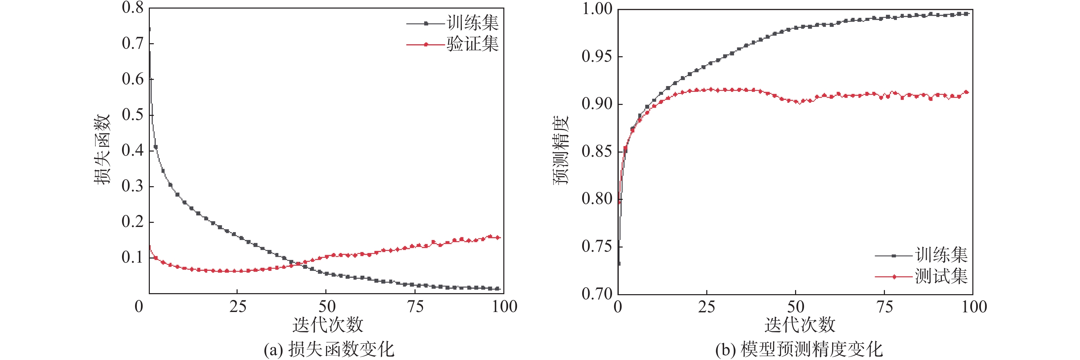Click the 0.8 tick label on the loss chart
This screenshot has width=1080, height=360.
coord(132,8)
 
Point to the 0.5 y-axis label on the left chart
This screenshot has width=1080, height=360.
coord(132,115)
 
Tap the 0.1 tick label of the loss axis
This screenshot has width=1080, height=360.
coord(132,257)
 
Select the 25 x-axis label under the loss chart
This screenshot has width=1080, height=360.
coord(237,307)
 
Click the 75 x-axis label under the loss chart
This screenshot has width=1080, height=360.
coord(415,307)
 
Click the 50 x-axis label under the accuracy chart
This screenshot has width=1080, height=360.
coord(795,307)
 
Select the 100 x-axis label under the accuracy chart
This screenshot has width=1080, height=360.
coord(973,307)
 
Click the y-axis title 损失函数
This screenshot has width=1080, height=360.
coord(102,149)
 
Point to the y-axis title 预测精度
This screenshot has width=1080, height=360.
coord(561,149)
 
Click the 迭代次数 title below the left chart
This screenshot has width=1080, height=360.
coord(327,325)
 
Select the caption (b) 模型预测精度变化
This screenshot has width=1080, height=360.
coord(799,349)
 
